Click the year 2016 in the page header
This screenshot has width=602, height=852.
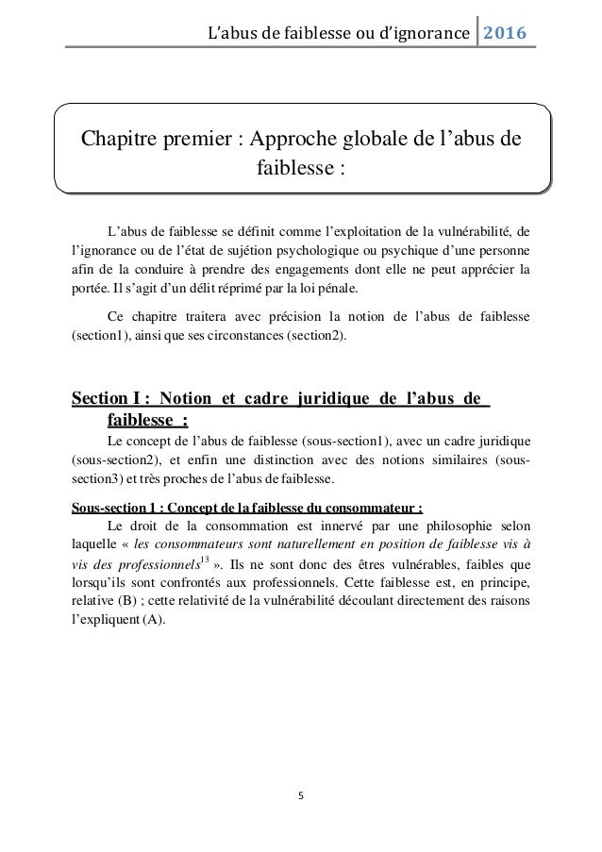507,35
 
